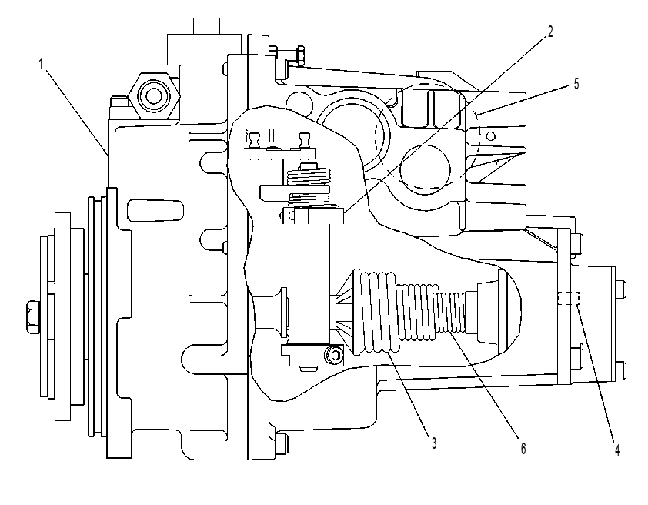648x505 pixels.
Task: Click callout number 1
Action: (x=41, y=65)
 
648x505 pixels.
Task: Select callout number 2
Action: (x=550, y=32)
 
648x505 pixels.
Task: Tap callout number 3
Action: (x=434, y=443)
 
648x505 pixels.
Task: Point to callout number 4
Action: (x=617, y=450)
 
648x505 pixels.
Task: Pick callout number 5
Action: (x=576, y=84)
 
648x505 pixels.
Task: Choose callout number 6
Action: (x=523, y=448)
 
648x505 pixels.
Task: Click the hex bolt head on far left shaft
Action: (x=32, y=317)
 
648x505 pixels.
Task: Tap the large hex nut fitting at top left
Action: (x=154, y=95)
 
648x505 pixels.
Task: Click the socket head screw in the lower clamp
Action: (x=334, y=355)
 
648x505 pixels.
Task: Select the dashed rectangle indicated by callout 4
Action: (x=569, y=298)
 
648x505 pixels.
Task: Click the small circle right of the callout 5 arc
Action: (x=491, y=135)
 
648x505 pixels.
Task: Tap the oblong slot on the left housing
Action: (x=155, y=210)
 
